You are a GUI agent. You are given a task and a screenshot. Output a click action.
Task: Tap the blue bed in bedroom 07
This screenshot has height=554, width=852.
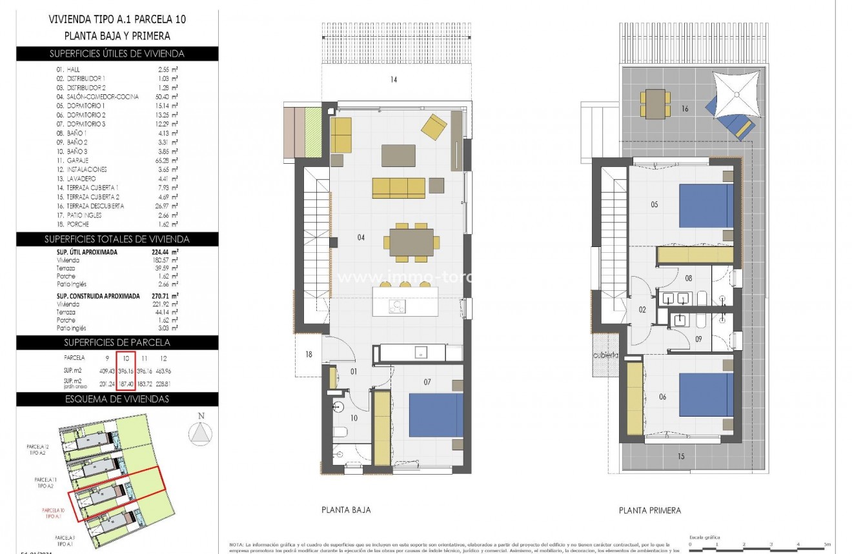(436, 415)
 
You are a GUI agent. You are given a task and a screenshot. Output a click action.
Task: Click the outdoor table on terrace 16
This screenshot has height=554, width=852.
(654, 104)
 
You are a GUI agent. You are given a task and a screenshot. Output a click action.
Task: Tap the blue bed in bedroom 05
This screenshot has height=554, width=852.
(706, 206)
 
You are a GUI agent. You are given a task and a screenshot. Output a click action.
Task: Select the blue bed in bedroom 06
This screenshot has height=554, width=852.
(706, 394)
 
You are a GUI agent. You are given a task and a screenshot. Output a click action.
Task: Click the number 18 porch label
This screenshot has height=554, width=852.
(309, 354)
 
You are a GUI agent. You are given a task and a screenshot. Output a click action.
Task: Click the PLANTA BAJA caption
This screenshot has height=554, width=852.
(346, 509)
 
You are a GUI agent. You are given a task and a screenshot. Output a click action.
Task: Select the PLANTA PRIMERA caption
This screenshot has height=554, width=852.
(649, 510)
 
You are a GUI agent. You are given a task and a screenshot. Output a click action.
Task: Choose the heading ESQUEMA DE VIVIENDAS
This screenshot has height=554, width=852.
(117, 399)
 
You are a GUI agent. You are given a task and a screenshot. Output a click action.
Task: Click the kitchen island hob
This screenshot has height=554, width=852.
(397, 307)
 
